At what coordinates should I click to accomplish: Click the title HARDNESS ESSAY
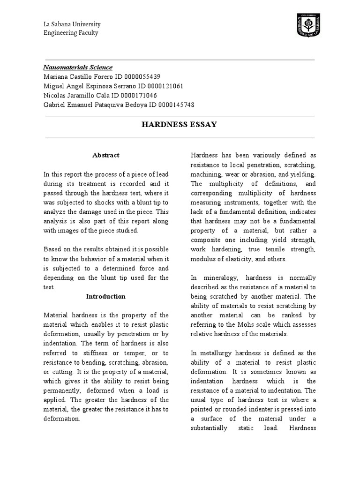click(180, 125)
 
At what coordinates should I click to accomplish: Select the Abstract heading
click(106, 155)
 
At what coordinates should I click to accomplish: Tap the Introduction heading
click(106, 296)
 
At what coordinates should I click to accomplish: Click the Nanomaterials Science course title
click(78, 67)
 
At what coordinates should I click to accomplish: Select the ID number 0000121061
click(164, 86)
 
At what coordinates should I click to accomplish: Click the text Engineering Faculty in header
click(71, 33)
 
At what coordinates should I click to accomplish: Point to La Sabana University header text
click(72, 24)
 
